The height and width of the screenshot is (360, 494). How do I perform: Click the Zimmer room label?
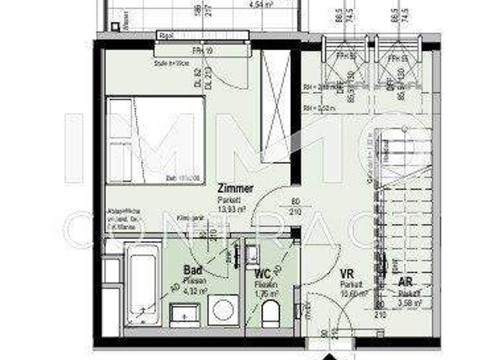pyautogui.click(x=235, y=189)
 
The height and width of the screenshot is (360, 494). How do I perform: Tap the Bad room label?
pyautogui.click(x=193, y=271)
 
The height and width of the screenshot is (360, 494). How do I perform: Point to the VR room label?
pyautogui.click(x=348, y=273)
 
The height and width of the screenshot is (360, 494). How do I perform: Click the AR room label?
pyautogui.click(x=406, y=281)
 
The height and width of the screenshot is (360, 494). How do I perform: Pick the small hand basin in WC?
pyautogui.click(x=252, y=253)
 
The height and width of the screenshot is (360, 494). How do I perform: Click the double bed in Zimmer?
pyautogui.click(x=156, y=140)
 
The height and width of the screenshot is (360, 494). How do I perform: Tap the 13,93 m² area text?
pyautogui.click(x=234, y=209)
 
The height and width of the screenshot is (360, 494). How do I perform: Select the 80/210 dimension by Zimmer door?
pyautogui.click(x=296, y=204)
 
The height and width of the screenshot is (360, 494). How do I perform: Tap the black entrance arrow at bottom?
pyautogui.click(x=328, y=355)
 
